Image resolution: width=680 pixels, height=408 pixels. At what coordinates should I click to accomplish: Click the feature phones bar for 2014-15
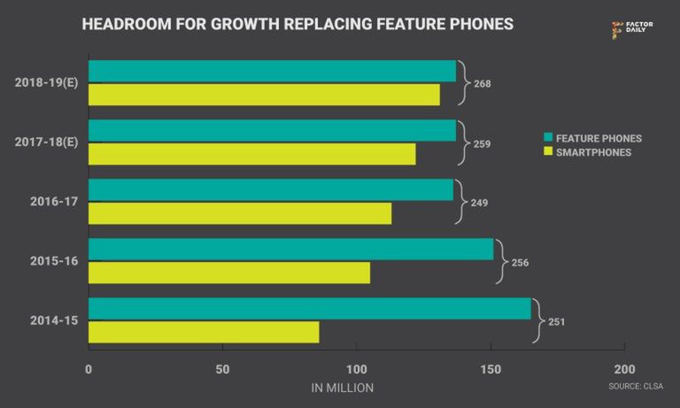pyautogui.click(x=310, y=308)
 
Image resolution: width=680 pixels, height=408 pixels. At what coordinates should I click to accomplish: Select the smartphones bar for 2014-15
pyautogui.click(x=204, y=332)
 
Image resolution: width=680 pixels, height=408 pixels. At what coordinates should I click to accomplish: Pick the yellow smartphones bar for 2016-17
pyautogui.click(x=240, y=213)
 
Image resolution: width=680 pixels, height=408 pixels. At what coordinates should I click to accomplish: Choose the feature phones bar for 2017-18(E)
pyautogui.click(x=272, y=130)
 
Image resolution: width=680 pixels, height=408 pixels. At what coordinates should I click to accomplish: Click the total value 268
pyautogui.click(x=482, y=84)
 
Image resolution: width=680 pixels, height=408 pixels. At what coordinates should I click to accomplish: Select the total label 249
pyautogui.click(x=478, y=203)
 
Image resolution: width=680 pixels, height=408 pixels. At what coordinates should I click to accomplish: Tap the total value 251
pyautogui.click(x=556, y=321)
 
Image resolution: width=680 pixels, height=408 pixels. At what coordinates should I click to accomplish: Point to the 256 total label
pyautogui.click(x=520, y=262)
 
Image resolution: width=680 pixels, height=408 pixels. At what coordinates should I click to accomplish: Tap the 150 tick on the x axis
pyautogui.click(x=491, y=369)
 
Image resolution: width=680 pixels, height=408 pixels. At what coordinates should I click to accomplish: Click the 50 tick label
pyautogui.click(x=222, y=369)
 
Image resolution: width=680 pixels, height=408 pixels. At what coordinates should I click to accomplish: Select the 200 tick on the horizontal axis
pyautogui.click(x=624, y=369)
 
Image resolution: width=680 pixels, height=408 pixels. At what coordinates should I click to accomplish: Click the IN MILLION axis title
pyautogui.click(x=342, y=388)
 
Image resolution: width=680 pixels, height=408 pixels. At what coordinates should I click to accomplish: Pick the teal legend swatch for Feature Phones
pyautogui.click(x=548, y=138)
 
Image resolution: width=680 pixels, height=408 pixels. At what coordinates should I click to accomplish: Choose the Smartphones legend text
pyautogui.click(x=593, y=152)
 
